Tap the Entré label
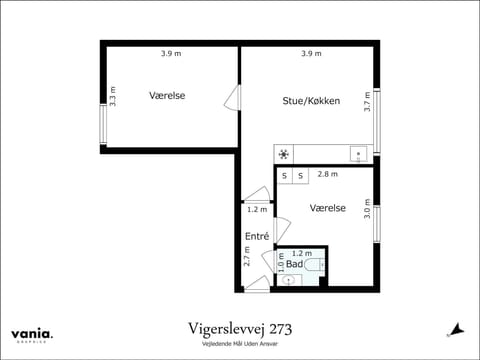click(257, 237)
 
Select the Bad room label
click(294, 264)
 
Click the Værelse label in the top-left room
click(167, 96)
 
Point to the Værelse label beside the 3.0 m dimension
click(327, 208)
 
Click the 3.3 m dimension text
click(113, 97)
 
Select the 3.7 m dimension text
click(367, 101)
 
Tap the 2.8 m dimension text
click(327, 174)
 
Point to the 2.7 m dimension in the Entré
click(247, 256)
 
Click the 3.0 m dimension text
click(367, 209)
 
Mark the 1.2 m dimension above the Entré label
click(257, 209)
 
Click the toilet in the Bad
click(313, 265)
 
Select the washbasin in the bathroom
click(287, 281)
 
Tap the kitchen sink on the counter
click(357, 154)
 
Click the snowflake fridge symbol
click(284, 154)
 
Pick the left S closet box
click(284, 176)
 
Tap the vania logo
click(33, 334)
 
